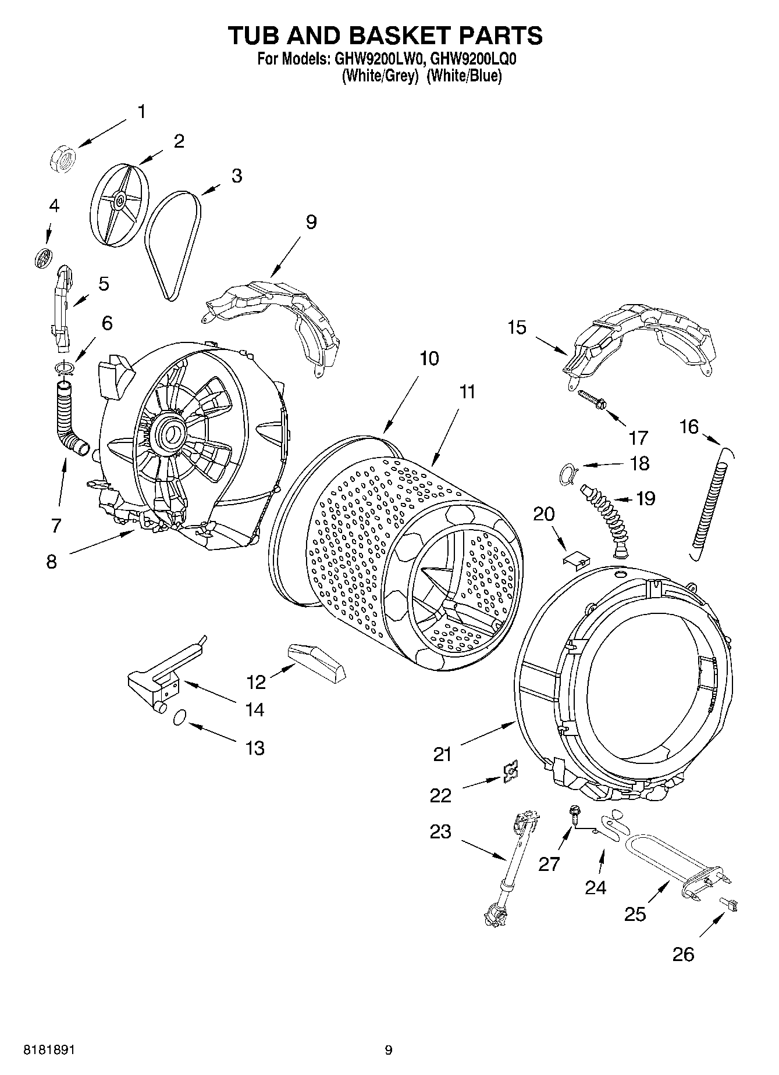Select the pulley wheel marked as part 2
point(119,202)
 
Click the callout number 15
point(517,327)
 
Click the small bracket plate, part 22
point(510,771)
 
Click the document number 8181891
point(49,1050)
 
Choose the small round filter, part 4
point(43,256)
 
